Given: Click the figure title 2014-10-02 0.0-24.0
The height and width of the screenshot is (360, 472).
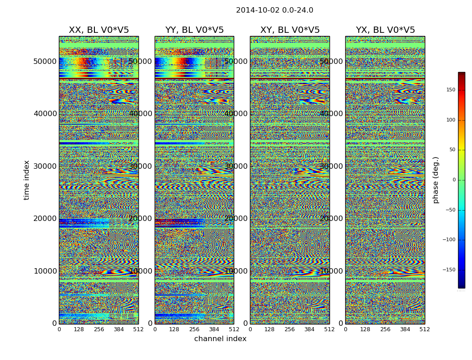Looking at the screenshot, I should click(x=274, y=10).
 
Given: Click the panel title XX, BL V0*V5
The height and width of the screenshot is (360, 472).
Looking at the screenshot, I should click(x=98, y=30).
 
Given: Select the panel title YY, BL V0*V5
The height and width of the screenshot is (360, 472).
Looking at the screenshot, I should click(x=194, y=30).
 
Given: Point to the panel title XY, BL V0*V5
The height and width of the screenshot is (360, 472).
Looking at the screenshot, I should click(x=290, y=30).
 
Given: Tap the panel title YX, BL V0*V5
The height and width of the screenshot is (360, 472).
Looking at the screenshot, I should click(x=385, y=30).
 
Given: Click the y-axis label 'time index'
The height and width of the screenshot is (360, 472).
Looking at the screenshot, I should click(x=27, y=180).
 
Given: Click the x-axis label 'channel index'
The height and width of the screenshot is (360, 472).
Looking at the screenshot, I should click(x=220, y=339).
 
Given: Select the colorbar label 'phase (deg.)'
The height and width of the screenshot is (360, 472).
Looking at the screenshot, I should click(x=436, y=180).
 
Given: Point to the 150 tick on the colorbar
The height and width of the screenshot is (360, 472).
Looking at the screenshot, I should click(x=450, y=90).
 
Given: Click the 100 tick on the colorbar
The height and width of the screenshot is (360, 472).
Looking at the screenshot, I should click(x=450, y=120).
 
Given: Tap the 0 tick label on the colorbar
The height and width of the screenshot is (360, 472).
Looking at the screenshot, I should click(x=454, y=180).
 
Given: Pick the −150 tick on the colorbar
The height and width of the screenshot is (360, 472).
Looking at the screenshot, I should click(x=449, y=270).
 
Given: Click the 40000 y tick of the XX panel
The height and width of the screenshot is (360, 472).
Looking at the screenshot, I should click(x=45, y=113).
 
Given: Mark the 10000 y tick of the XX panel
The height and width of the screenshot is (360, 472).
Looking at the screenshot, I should click(x=45, y=271).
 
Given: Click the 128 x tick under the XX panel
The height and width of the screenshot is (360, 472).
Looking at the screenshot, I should click(x=79, y=329).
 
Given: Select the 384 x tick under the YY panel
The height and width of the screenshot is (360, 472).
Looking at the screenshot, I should click(x=214, y=329).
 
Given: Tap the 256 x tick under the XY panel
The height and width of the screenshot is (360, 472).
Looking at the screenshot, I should click(x=289, y=329).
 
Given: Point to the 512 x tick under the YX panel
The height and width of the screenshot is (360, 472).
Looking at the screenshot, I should click(x=425, y=329).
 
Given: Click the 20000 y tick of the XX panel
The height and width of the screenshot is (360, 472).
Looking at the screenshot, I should click(x=45, y=218).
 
